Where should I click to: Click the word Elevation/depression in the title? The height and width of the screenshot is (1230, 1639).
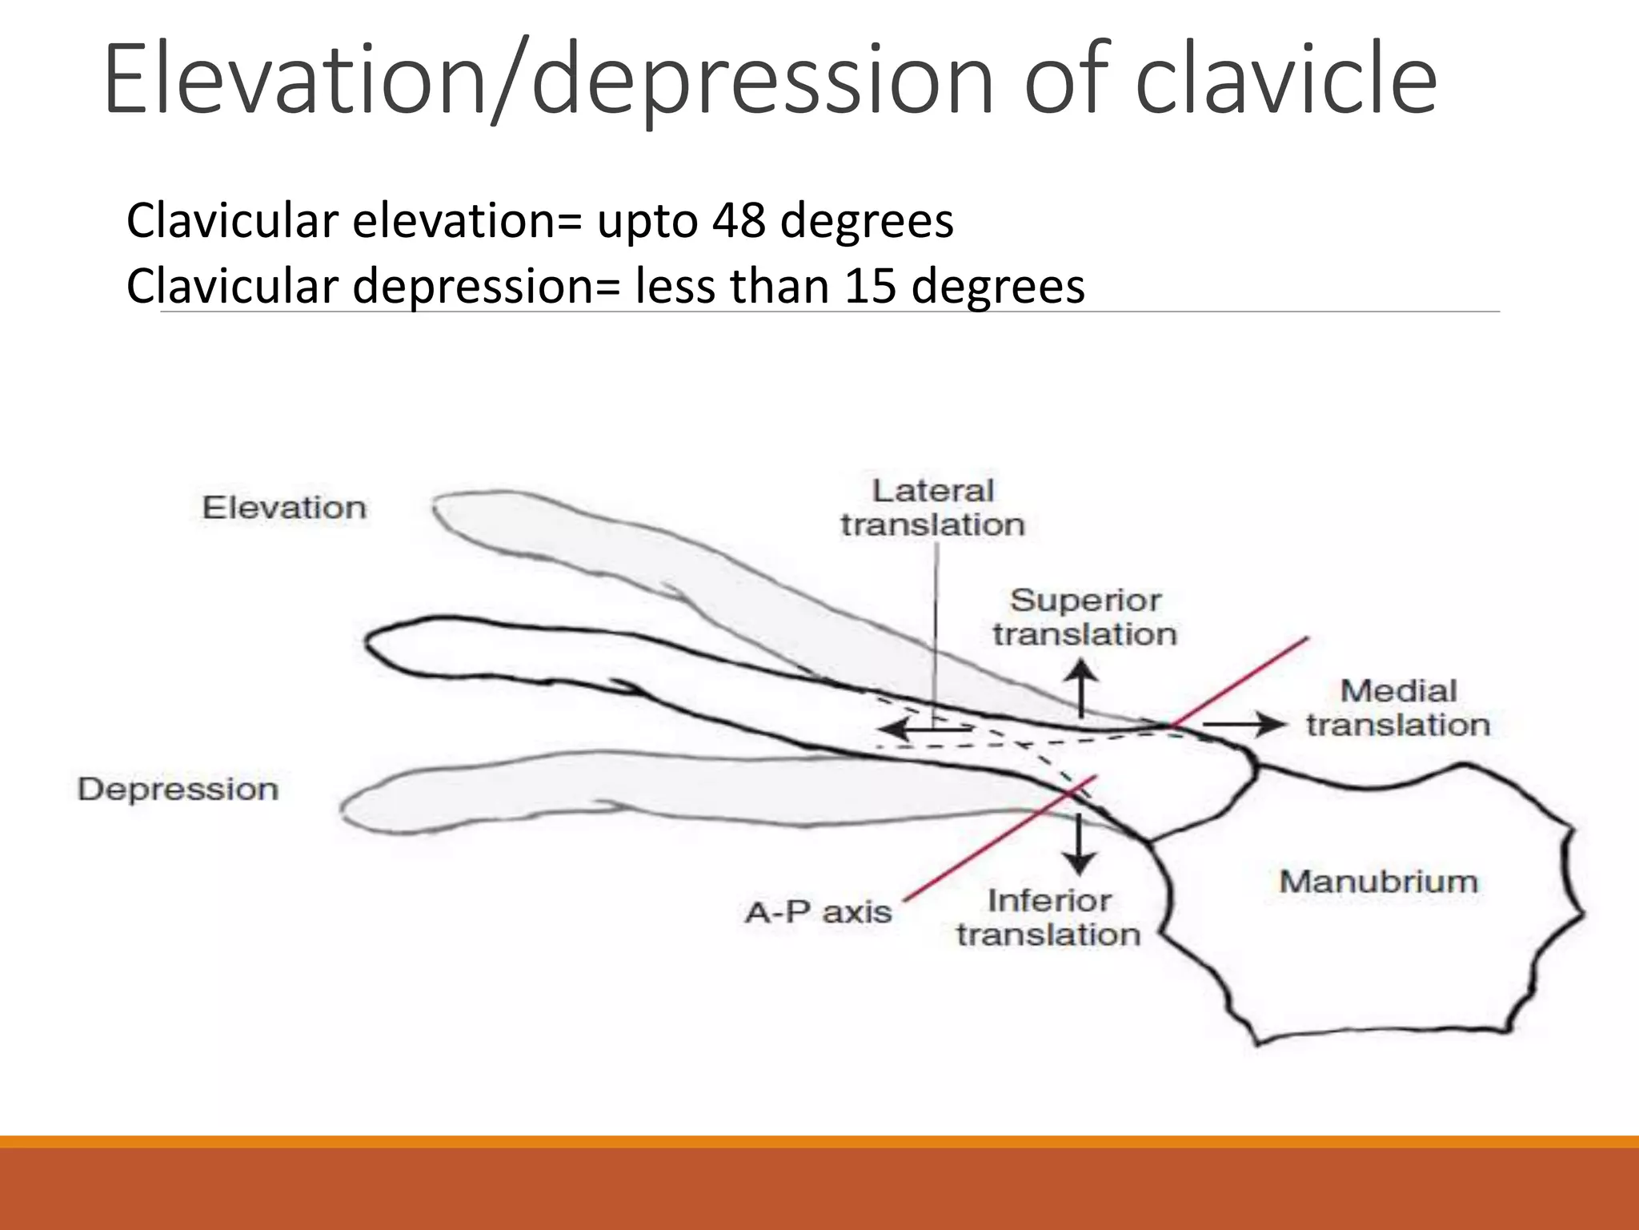point(549,80)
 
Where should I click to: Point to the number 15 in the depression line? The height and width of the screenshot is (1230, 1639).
point(870,286)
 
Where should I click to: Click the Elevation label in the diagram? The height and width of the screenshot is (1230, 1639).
point(284,508)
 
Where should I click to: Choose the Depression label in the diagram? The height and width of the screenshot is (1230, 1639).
point(178,790)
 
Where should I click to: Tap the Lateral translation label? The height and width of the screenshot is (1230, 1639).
point(933,508)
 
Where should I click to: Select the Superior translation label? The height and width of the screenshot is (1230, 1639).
point(1085,617)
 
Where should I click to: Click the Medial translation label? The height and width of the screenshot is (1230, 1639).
point(1398,708)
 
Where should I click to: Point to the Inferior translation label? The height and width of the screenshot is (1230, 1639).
point(1048,918)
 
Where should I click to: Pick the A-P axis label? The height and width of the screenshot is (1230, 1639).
point(818,912)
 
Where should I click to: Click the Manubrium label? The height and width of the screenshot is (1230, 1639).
point(1378,882)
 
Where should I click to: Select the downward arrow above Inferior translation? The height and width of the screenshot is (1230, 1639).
point(1080,846)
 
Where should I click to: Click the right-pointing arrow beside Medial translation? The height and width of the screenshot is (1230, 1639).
point(1244,724)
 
